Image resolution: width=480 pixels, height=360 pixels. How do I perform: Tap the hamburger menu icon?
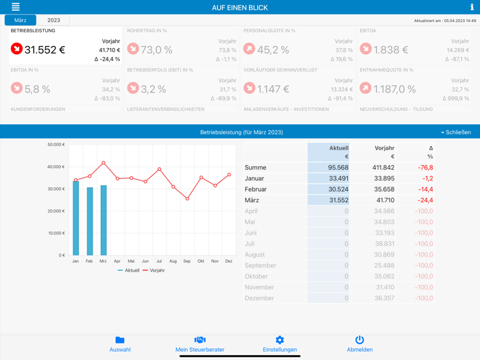point(16,7)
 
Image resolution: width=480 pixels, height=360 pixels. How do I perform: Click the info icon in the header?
point(472,7)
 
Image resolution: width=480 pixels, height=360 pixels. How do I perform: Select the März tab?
point(21,21)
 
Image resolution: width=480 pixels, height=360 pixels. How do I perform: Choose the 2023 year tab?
point(53,21)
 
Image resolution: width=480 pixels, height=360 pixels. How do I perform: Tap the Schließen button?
point(456,132)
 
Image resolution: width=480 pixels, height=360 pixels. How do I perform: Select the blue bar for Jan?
point(75,218)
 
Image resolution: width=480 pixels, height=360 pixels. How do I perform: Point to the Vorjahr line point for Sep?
point(187,199)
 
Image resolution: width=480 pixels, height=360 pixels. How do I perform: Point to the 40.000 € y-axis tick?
point(56,167)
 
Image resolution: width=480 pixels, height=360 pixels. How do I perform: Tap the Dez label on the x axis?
point(229,261)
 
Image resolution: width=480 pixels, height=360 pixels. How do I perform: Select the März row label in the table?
point(252,200)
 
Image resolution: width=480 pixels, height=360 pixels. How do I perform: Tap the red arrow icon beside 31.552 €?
point(16,49)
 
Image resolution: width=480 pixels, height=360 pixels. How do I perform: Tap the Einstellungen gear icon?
point(280,340)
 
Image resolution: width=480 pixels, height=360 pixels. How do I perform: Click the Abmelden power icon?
point(359,340)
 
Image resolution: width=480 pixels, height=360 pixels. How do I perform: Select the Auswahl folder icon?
point(120,340)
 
